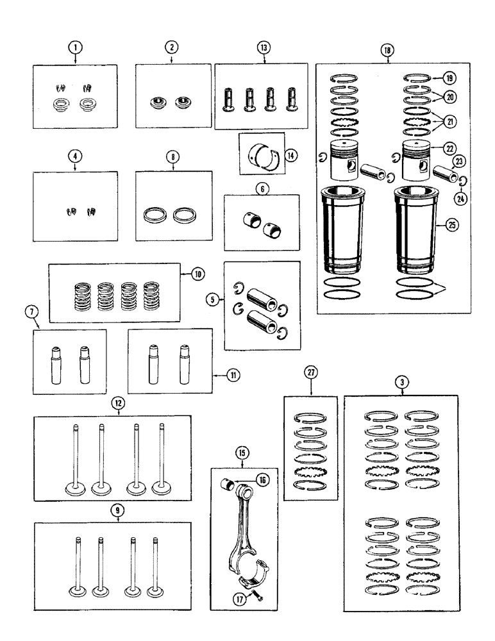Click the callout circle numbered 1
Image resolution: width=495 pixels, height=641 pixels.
point(76,47)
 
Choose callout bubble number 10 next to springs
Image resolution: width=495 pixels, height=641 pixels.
point(197,274)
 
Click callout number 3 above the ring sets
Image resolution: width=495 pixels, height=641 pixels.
point(401,383)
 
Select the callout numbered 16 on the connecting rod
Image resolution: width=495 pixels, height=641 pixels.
point(264,479)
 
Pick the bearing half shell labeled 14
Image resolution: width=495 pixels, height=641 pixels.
point(261,155)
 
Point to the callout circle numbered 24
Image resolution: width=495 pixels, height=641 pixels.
point(459,199)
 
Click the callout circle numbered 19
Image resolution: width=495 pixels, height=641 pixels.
point(449,78)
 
